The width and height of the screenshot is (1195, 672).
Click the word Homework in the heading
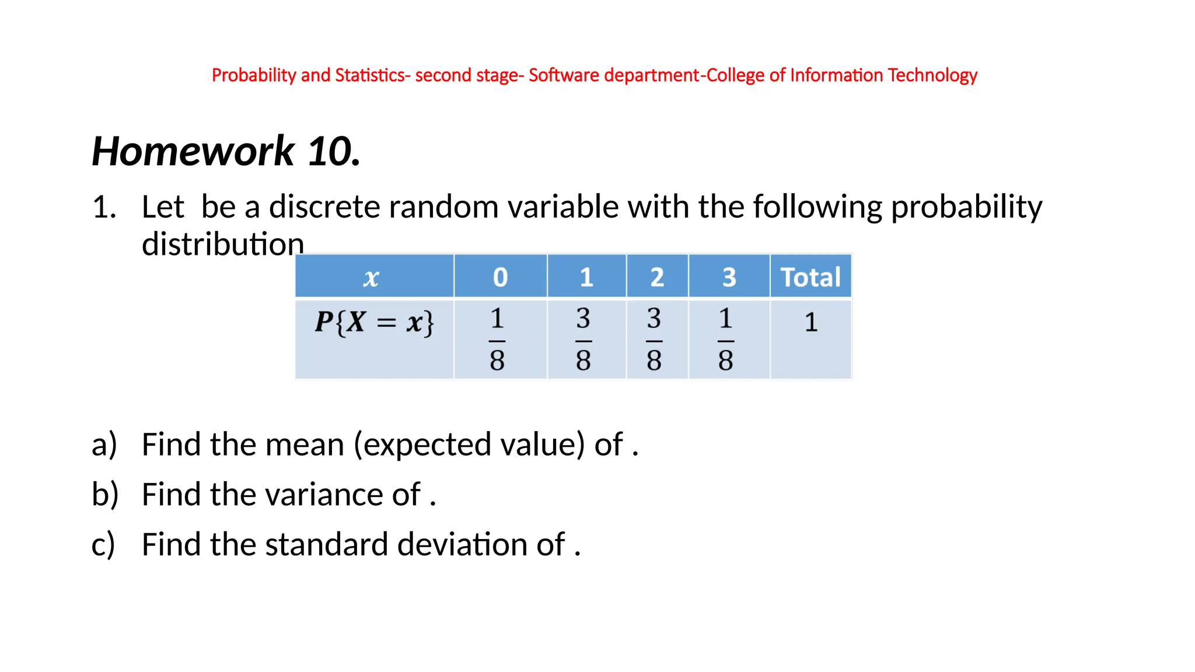click(193, 152)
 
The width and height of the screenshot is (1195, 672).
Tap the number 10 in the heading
click(330, 152)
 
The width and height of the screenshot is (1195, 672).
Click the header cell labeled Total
click(810, 277)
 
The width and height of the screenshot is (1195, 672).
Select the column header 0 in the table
click(500, 277)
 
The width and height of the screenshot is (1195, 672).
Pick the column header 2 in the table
click(657, 277)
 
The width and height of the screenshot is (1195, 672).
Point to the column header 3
click(729, 277)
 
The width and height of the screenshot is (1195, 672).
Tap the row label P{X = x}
click(374, 322)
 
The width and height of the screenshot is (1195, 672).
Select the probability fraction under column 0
click(497, 339)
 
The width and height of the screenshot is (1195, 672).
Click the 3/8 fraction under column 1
click(583, 339)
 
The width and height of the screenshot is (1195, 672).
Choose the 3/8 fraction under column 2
click(654, 339)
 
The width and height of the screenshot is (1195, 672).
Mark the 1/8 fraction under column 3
click(726, 339)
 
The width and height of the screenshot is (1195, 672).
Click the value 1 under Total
click(811, 323)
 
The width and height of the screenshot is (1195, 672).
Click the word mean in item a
click(304, 445)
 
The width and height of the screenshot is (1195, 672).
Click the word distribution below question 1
click(223, 244)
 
